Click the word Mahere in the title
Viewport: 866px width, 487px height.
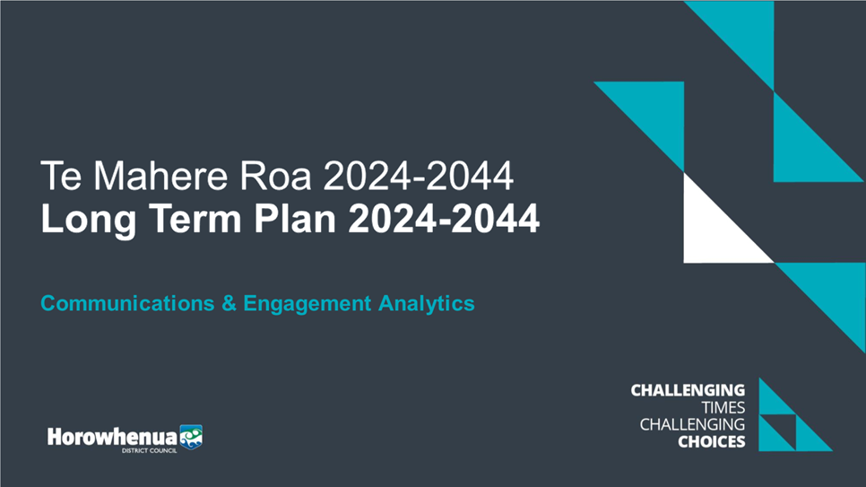pos(160,176)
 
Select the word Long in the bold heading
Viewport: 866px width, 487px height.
pos(89,220)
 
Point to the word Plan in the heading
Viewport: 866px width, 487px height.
pos(295,218)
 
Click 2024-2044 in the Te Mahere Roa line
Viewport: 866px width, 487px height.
pos(418,176)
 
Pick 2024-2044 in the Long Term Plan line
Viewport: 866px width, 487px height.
pos(444,218)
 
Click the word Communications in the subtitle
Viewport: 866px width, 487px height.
pos(127,303)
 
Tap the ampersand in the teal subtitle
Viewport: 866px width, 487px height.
pos(229,303)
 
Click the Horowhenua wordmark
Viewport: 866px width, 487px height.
pos(112,438)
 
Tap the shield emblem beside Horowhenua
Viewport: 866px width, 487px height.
pos(191,437)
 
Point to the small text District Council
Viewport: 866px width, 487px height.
pos(149,451)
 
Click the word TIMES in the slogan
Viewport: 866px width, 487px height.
pos(723,408)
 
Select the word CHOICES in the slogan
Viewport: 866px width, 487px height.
pos(712,441)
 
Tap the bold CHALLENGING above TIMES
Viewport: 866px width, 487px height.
pos(688,390)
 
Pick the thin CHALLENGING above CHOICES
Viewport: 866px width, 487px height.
pos(692,424)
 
